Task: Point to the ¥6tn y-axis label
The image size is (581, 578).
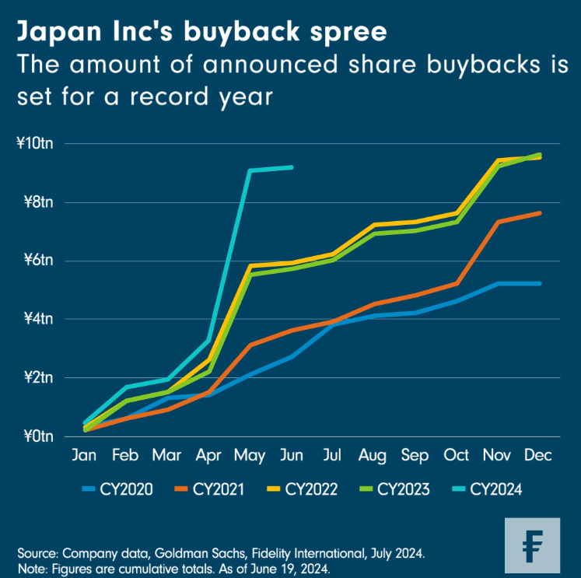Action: [37, 261]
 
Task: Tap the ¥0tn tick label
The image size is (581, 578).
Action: [37, 436]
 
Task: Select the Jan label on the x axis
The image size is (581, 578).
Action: [84, 455]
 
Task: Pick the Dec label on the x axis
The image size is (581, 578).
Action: [537, 455]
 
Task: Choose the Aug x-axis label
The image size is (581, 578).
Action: [373, 455]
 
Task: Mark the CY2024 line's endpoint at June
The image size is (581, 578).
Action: [292, 166]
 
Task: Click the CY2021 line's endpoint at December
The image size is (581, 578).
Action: [538, 213]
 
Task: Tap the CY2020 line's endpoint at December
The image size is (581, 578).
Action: [538, 283]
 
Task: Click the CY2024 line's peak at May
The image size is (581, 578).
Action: [250, 170]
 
